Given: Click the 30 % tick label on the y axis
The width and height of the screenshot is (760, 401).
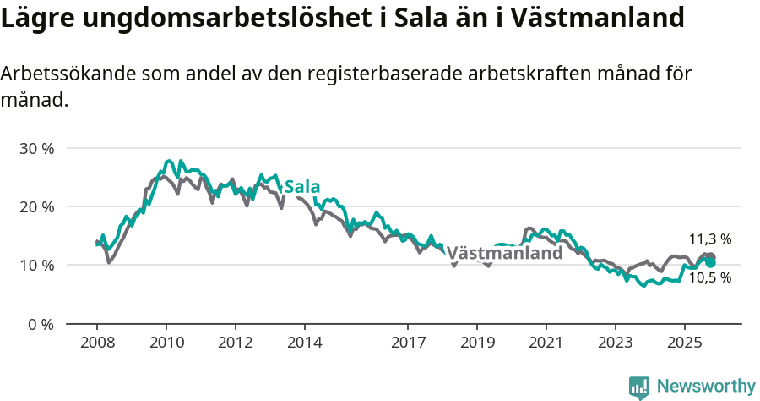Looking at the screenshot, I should (x=35, y=148).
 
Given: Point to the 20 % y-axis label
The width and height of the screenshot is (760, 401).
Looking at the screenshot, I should (x=35, y=206).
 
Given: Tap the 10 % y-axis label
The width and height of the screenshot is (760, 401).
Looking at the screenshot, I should (x=35, y=265).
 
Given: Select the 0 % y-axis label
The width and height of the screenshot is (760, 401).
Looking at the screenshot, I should (x=39, y=324).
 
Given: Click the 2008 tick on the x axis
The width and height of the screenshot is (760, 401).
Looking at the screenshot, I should (x=97, y=343).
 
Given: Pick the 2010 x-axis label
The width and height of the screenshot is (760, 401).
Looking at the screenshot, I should (x=166, y=343).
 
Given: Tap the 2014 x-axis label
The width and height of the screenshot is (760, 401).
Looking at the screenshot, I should (x=304, y=343).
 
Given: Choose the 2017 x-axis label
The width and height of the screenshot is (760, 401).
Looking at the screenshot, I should (x=408, y=343).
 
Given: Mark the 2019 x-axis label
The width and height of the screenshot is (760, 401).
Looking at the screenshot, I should (x=477, y=343).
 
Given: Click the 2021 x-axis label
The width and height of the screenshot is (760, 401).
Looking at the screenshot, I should (x=546, y=343).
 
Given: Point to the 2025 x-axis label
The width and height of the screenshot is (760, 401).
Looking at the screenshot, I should (x=684, y=343).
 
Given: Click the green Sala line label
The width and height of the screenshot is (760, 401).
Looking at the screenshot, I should (x=302, y=186).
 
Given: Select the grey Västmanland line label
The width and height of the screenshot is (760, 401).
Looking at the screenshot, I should (x=504, y=253).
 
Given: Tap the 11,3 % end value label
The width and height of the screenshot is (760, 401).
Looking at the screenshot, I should (x=710, y=239).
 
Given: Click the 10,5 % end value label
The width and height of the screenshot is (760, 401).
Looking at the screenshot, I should (x=710, y=277).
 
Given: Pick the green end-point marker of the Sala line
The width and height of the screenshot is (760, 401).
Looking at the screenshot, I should (x=711, y=262).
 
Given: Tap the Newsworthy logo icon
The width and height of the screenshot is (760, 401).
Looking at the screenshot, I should (x=639, y=387).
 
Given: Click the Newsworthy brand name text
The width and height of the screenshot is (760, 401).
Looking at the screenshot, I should (x=706, y=387).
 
